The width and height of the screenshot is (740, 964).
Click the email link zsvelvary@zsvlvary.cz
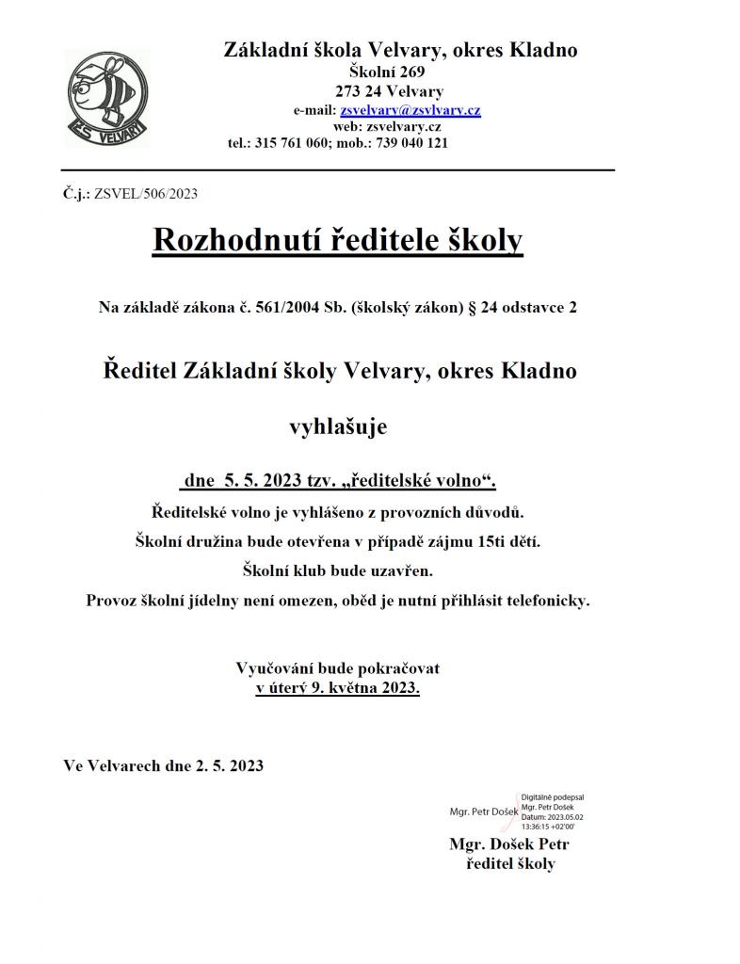pyautogui.click(x=416, y=110)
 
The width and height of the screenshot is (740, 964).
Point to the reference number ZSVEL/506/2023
pyautogui.click(x=146, y=194)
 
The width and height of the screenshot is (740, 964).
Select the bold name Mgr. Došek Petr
pyautogui.click(x=509, y=843)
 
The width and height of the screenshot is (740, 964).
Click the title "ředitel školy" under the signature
pyautogui.click(x=510, y=863)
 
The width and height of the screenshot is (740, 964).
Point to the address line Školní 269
pyautogui.click(x=387, y=72)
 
